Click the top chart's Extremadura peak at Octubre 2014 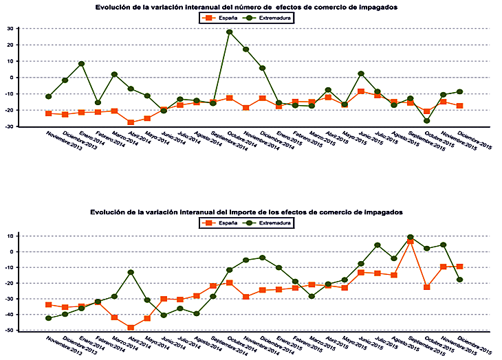tap(230, 32)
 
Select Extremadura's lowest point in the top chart tap(427, 121)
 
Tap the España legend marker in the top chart tap(209, 17)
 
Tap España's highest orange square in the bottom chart tap(411, 242)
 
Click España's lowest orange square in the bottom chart tap(131, 327)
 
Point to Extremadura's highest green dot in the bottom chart tap(411, 237)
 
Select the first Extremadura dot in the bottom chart tap(48, 318)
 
